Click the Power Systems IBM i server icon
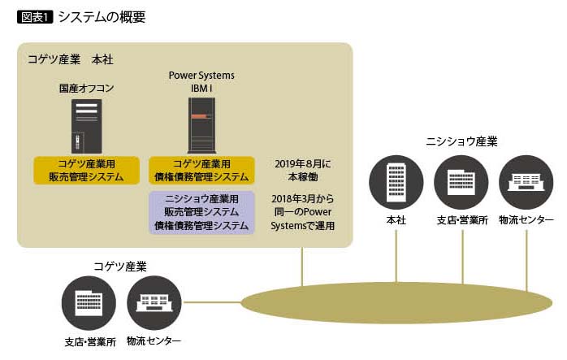pyautogui.click(x=201, y=126)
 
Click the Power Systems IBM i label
pyautogui.click(x=201, y=81)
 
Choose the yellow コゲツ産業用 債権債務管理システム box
pyautogui.click(x=201, y=170)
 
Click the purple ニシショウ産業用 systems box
pyautogui.click(x=201, y=212)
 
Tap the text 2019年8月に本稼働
pyautogui.click(x=303, y=170)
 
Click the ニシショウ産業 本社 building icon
pyautogui.click(x=396, y=180)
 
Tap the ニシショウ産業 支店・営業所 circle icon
pyautogui.click(x=461, y=180)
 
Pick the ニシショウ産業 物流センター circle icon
pyautogui.click(x=526, y=180)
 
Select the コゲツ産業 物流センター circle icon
pyautogui.click(x=154, y=302)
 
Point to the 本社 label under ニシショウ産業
pyautogui.click(x=396, y=219)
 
